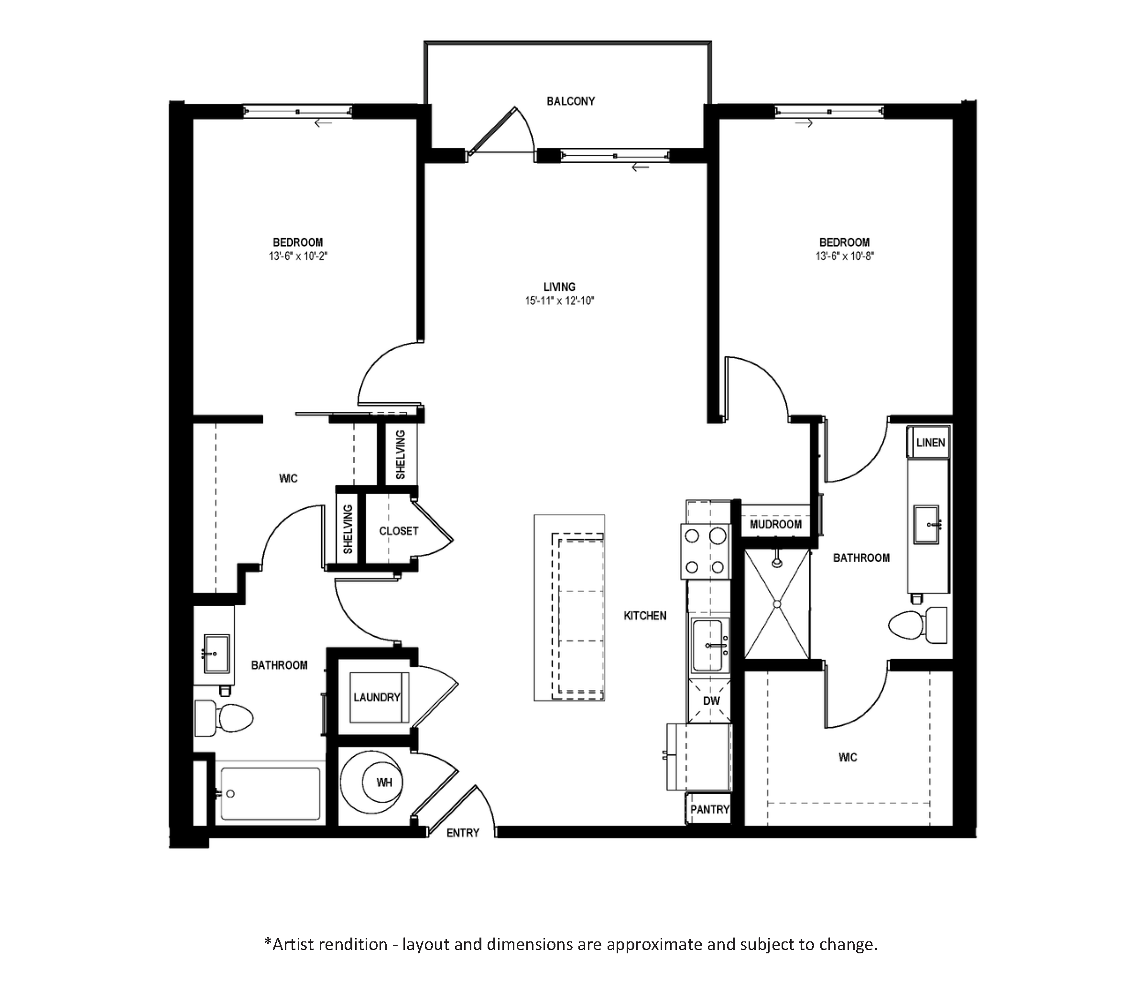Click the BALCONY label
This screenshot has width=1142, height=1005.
570,101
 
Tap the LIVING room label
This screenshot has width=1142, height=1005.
559,287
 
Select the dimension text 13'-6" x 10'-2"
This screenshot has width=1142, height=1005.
298,256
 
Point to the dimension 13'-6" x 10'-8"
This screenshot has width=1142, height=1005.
844,256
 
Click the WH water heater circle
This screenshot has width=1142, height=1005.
384,783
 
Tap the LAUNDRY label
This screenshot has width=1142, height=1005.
377,697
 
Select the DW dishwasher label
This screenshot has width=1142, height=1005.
711,701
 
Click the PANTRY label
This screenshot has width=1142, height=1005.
709,809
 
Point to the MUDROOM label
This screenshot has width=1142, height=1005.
775,524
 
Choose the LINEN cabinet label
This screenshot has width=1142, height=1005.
930,442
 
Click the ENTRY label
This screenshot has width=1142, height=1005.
463,833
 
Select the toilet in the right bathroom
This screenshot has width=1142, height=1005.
917,624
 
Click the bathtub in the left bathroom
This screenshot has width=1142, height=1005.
270,793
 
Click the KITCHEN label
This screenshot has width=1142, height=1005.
645,616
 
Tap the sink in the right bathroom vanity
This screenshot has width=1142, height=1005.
927,524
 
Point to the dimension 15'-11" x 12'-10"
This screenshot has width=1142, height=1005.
559,301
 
